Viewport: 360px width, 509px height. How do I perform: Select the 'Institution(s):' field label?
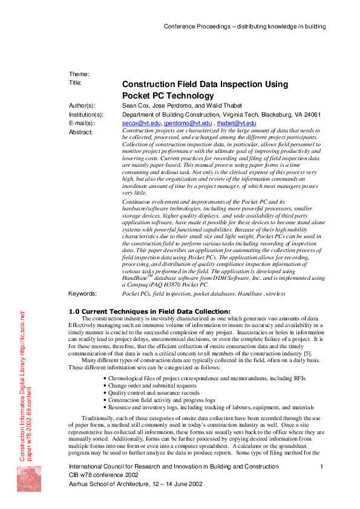coord(87,114)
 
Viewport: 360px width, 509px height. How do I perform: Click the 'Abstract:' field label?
coord(82,131)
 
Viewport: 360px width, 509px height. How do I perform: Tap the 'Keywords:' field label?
coord(83,293)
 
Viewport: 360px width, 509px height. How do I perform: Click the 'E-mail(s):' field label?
coord(83,123)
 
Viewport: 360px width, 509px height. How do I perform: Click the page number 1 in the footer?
coord(321,467)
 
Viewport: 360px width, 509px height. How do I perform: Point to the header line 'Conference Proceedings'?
coord(244,27)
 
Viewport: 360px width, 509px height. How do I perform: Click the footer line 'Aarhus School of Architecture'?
coord(136,484)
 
